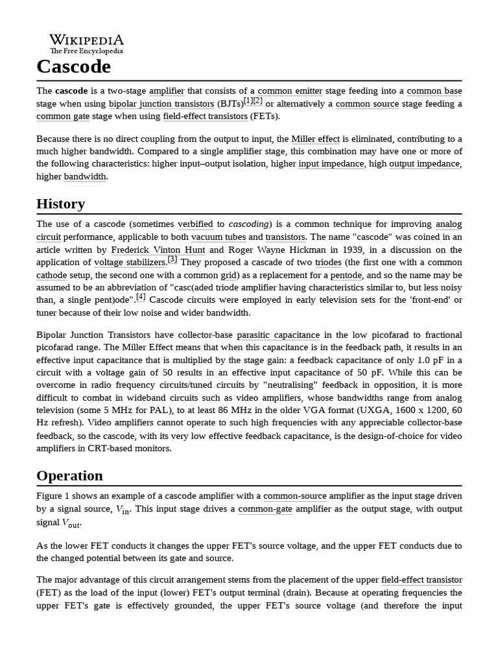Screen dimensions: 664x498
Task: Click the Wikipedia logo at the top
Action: [x=86, y=43]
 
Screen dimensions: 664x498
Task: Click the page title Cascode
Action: [x=73, y=66]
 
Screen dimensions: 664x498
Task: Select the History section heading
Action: [x=60, y=204]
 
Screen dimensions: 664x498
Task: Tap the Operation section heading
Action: [x=69, y=475]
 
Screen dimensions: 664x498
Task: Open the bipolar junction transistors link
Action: [x=161, y=104]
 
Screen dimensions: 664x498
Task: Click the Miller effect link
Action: [x=315, y=139]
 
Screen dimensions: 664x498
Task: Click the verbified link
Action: [x=195, y=224]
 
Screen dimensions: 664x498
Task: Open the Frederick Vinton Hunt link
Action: [x=158, y=250]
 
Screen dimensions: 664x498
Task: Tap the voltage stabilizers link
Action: [x=130, y=263]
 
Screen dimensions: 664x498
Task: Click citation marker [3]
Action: [x=172, y=259]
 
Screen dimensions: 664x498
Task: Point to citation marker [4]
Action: [x=141, y=297]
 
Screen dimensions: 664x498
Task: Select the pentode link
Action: [x=346, y=275]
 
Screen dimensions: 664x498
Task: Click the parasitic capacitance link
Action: [x=278, y=335]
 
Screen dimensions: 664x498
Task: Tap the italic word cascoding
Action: [x=250, y=224]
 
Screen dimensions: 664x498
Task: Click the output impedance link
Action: [x=424, y=164]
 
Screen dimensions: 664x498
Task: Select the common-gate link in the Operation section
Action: [x=265, y=509]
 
